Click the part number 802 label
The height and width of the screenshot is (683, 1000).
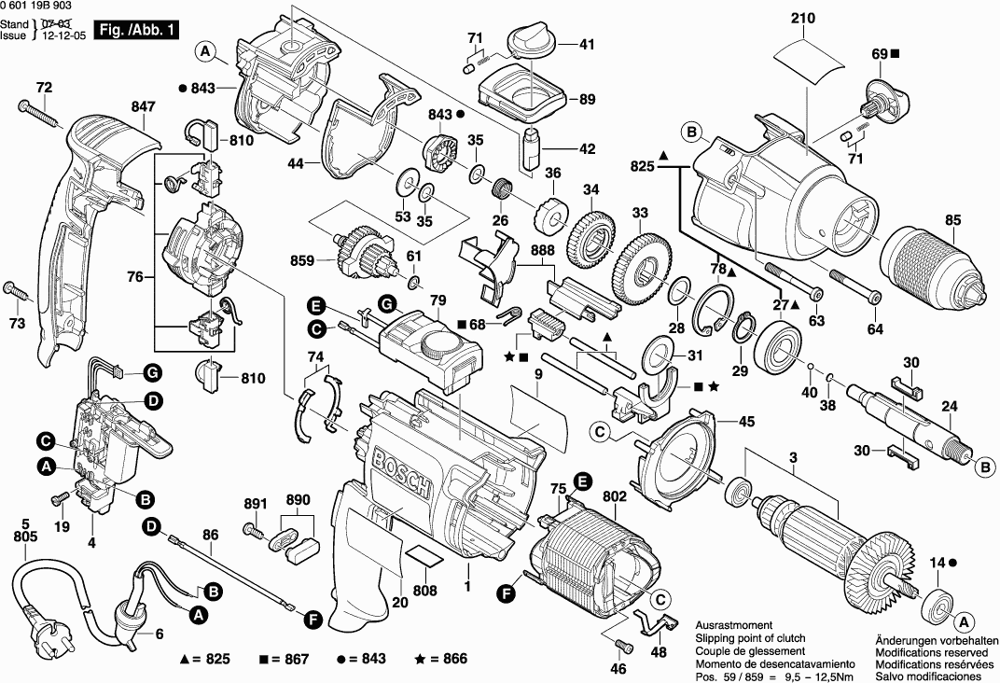[615, 497]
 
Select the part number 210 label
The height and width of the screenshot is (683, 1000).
[802, 18]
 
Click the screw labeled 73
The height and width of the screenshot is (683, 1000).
[20, 293]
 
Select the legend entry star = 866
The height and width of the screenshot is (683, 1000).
[441, 659]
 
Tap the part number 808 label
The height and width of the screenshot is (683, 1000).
[424, 589]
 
